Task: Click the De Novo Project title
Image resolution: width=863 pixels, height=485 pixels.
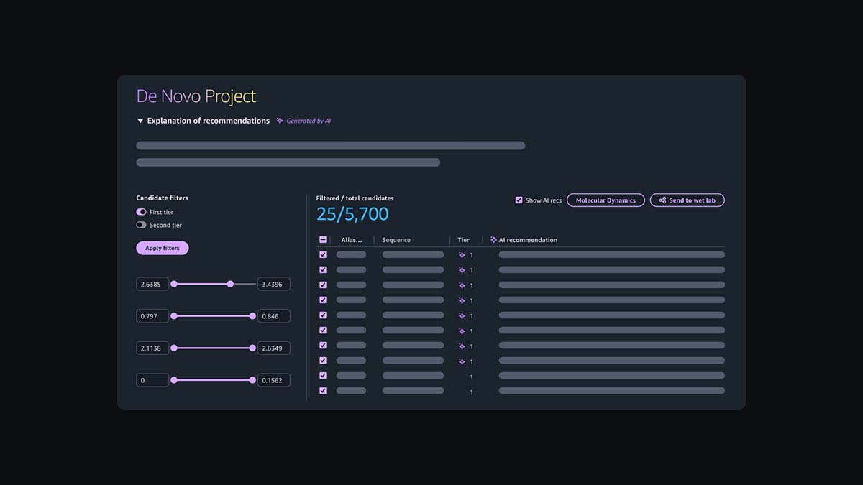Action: click(196, 96)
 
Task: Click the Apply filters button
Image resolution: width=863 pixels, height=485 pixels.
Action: click(163, 248)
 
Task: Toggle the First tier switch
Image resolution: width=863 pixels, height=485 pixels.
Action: click(141, 212)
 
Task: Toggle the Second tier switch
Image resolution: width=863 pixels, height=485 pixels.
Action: click(141, 225)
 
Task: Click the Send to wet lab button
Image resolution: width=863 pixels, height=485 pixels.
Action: click(687, 200)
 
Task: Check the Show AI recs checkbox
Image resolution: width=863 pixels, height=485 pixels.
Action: click(519, 200)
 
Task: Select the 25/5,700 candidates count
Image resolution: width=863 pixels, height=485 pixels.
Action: click(352, 213)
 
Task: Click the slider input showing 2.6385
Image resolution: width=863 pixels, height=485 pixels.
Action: click(152, 284)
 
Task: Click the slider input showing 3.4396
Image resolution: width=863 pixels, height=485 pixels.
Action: click(273, 284)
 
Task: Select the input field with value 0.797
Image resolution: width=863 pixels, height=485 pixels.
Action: click(152, 316)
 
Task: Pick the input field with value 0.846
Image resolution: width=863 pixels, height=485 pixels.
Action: click(273, 316)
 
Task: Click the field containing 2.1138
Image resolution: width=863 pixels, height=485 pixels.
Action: click(152, 348)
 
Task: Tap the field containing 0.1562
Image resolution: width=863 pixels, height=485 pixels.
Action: click(273, 380)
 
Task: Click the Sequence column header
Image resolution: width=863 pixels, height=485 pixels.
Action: click(396, 240)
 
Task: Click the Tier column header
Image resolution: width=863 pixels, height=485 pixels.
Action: click(464, 240)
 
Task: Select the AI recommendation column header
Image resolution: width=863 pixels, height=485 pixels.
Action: click(528, 240)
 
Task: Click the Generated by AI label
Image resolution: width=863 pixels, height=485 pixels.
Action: click(309, 121)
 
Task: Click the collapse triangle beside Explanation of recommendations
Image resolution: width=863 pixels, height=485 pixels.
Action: click(140, 121)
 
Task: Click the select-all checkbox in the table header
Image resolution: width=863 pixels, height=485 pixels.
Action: click(323, 240)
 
